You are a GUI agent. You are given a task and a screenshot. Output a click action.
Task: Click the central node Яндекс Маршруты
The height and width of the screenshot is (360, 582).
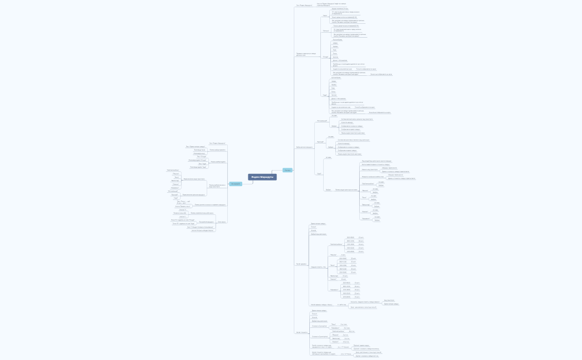tap(262, 177)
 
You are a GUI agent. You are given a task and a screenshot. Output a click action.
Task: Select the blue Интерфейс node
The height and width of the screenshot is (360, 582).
tap(236, 183)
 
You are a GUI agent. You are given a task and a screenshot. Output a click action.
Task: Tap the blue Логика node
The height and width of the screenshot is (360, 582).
tap(287, 170)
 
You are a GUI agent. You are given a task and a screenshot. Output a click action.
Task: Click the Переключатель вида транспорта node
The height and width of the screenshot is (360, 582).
tap(194, 179)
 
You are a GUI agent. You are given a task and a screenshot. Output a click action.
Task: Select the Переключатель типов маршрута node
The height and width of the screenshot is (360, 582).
tap(194, 194)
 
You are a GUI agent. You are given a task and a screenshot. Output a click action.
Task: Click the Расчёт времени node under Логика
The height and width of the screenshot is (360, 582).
tap(302, 264)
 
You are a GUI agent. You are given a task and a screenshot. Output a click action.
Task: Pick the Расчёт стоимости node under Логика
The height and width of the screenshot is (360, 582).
tap(302, 332)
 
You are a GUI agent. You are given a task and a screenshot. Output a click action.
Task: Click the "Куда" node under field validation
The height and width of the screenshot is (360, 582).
tap(325, 95)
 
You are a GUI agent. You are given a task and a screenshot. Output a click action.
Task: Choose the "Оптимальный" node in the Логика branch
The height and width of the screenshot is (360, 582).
tap(322, 120)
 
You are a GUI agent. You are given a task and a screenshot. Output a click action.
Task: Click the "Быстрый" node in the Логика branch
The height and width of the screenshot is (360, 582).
tap(320, 142)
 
